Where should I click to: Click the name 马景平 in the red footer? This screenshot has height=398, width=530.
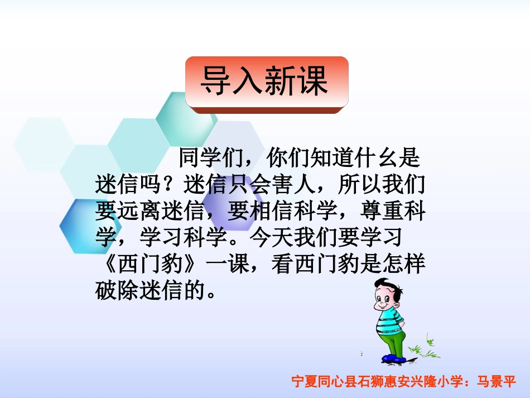pos(498,382)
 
